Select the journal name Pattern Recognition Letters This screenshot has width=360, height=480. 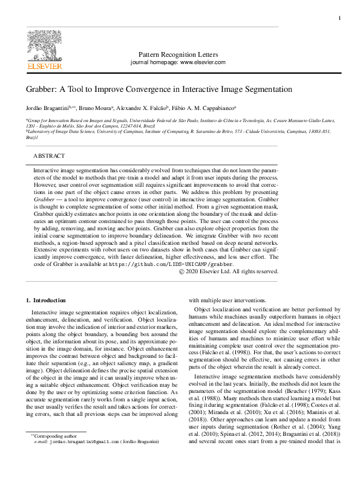tap(178, 54)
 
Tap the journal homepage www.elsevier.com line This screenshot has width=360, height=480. tap(178, 62)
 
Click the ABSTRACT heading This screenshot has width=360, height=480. tap(49, 155)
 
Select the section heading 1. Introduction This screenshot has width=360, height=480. tap(45, 300)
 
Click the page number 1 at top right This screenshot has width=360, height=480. tap(339, 19)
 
